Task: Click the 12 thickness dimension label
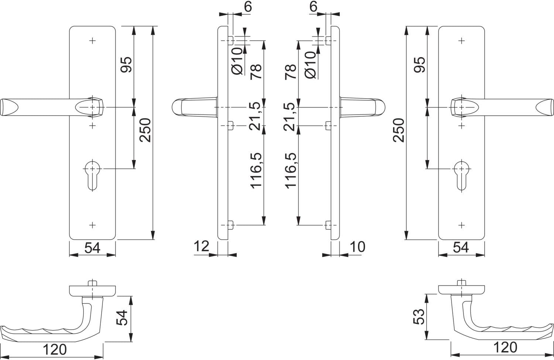201,246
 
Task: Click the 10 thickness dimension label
358,247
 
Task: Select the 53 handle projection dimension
419,317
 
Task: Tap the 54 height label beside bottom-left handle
122,318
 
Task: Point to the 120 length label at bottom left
55,350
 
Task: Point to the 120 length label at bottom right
505,347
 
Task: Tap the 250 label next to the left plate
145,130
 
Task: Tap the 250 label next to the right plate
399,130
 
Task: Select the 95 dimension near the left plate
126,65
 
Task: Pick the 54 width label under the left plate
92,248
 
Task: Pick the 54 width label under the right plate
461,247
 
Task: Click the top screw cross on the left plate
92,41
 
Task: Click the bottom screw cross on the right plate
462,225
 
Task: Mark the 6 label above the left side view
248,7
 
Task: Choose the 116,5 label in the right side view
291,171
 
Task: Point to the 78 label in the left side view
256,72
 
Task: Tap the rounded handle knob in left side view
177,107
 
